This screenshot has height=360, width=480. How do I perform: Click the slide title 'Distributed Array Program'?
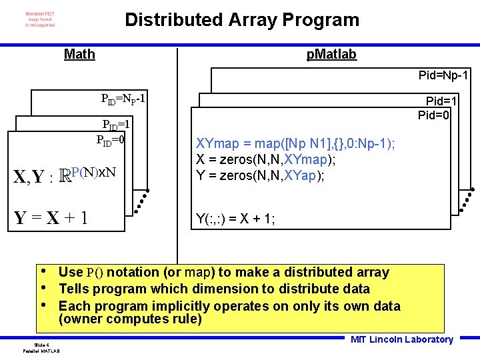[242, 20]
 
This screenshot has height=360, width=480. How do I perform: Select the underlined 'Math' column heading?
[79, 54]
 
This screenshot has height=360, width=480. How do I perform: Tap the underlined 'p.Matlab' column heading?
[331, 54]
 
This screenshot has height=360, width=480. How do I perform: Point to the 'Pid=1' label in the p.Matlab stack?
[441, 101]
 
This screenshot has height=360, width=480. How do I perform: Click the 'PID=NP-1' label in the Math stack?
[123, 100]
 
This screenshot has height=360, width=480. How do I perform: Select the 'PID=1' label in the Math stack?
[115, 125]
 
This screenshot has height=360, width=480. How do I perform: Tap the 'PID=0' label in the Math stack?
[111, 140]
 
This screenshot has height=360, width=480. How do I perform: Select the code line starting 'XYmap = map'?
[295, 144]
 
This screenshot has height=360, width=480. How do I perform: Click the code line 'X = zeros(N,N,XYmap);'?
[265, 159]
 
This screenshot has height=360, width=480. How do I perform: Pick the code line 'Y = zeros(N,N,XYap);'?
[260, 175]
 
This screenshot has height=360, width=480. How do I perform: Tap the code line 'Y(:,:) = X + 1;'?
[235, 218]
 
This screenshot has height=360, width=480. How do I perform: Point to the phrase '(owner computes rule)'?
[130, 319]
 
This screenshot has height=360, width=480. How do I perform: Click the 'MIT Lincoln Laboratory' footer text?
[401, 339]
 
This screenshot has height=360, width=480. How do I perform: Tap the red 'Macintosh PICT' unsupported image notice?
[40, 19]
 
